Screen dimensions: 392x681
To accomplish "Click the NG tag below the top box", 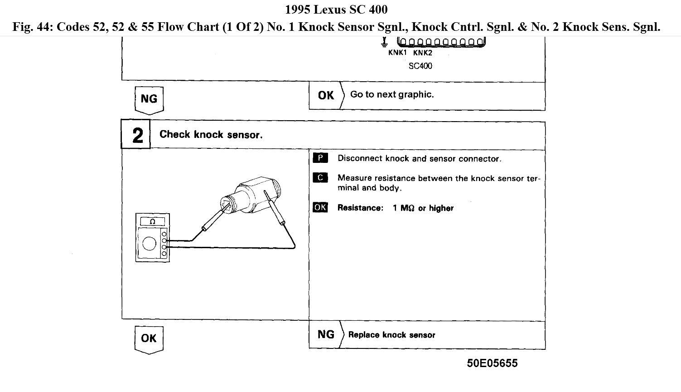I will [149, 99].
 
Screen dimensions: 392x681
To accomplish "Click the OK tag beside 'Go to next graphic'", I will [326, 95].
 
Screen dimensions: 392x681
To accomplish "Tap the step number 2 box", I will [136, 135].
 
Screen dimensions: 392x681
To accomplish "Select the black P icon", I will [320, 158].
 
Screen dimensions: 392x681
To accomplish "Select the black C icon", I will [320, 177].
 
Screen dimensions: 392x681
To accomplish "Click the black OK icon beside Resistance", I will [320, 207].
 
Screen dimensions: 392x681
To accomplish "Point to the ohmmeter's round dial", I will [150, 244].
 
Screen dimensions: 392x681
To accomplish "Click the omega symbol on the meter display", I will [152, 222].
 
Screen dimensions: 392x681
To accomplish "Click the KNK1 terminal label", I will [397, 53].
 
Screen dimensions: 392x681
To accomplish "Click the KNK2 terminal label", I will [423, 53].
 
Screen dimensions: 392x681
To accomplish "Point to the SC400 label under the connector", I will [420, 66].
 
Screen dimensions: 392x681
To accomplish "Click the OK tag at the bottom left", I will [149, 338].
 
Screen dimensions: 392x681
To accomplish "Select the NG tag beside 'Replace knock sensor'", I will [326, 335].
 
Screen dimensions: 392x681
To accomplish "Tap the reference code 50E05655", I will [492, 363].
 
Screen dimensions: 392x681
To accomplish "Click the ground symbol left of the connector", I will [384, 42].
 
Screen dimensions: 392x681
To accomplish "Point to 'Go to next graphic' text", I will [392, 94].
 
